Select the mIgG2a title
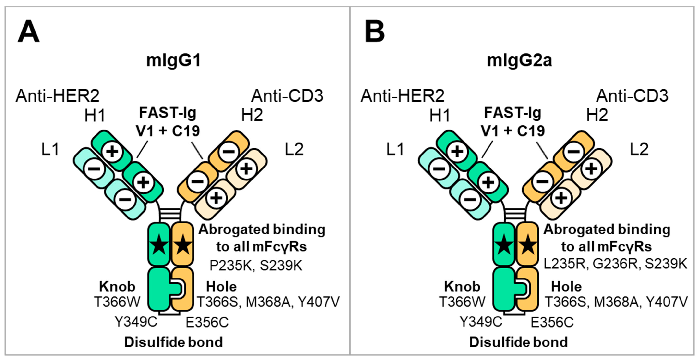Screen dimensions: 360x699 click(519, 60)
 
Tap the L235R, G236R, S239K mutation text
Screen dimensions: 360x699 click(615, 264)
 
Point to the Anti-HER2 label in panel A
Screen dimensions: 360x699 click(58, 96)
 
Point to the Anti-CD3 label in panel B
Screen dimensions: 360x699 click(632, 96)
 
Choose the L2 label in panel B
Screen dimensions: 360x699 click(639, 149)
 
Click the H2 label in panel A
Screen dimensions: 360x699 click(252, 115)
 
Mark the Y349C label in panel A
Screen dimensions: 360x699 click(136, 322)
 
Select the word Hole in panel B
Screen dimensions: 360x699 click(566, 286)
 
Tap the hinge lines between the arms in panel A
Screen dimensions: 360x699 click(170, 214)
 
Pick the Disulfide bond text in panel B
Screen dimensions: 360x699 click(518, 342)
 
